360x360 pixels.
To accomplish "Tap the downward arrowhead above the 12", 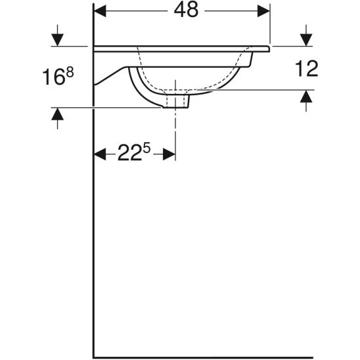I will [305, 39].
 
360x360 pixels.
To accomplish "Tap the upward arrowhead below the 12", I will [305, 97].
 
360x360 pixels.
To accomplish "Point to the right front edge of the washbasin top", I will [269, 48].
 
